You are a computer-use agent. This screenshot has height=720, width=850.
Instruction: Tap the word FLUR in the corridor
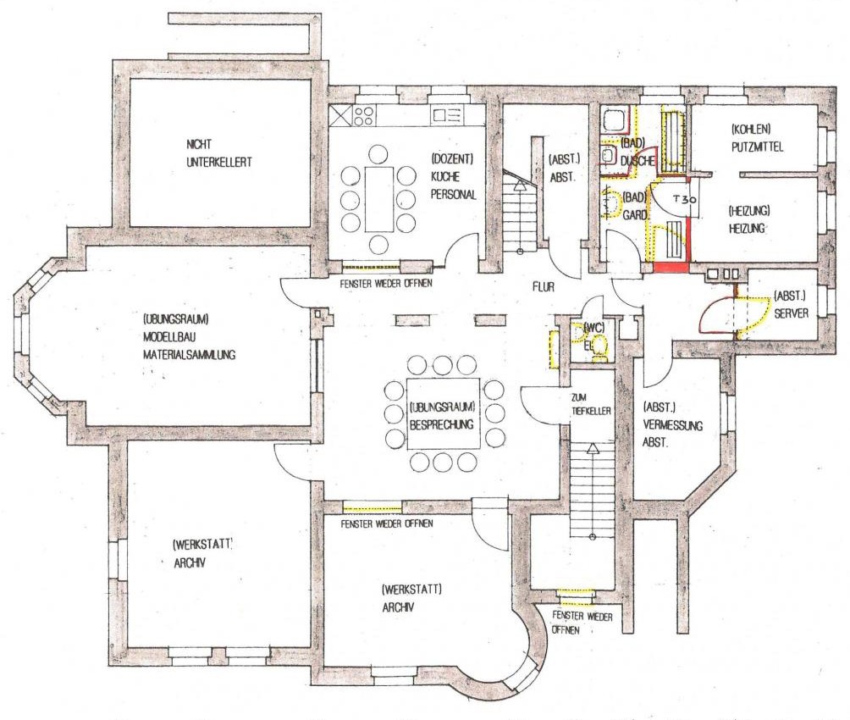[x=543, y=288]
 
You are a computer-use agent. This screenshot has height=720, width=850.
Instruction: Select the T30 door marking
[x=680, y=201]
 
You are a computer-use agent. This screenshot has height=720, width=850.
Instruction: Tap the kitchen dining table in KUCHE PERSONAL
[x=378, y=199]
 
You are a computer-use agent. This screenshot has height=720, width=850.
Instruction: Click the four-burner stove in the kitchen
[x=365, y=115]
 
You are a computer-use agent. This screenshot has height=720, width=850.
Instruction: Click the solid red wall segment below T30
[x=671, y=268]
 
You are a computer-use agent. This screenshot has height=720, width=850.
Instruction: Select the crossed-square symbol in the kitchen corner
[x=339, y=115]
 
